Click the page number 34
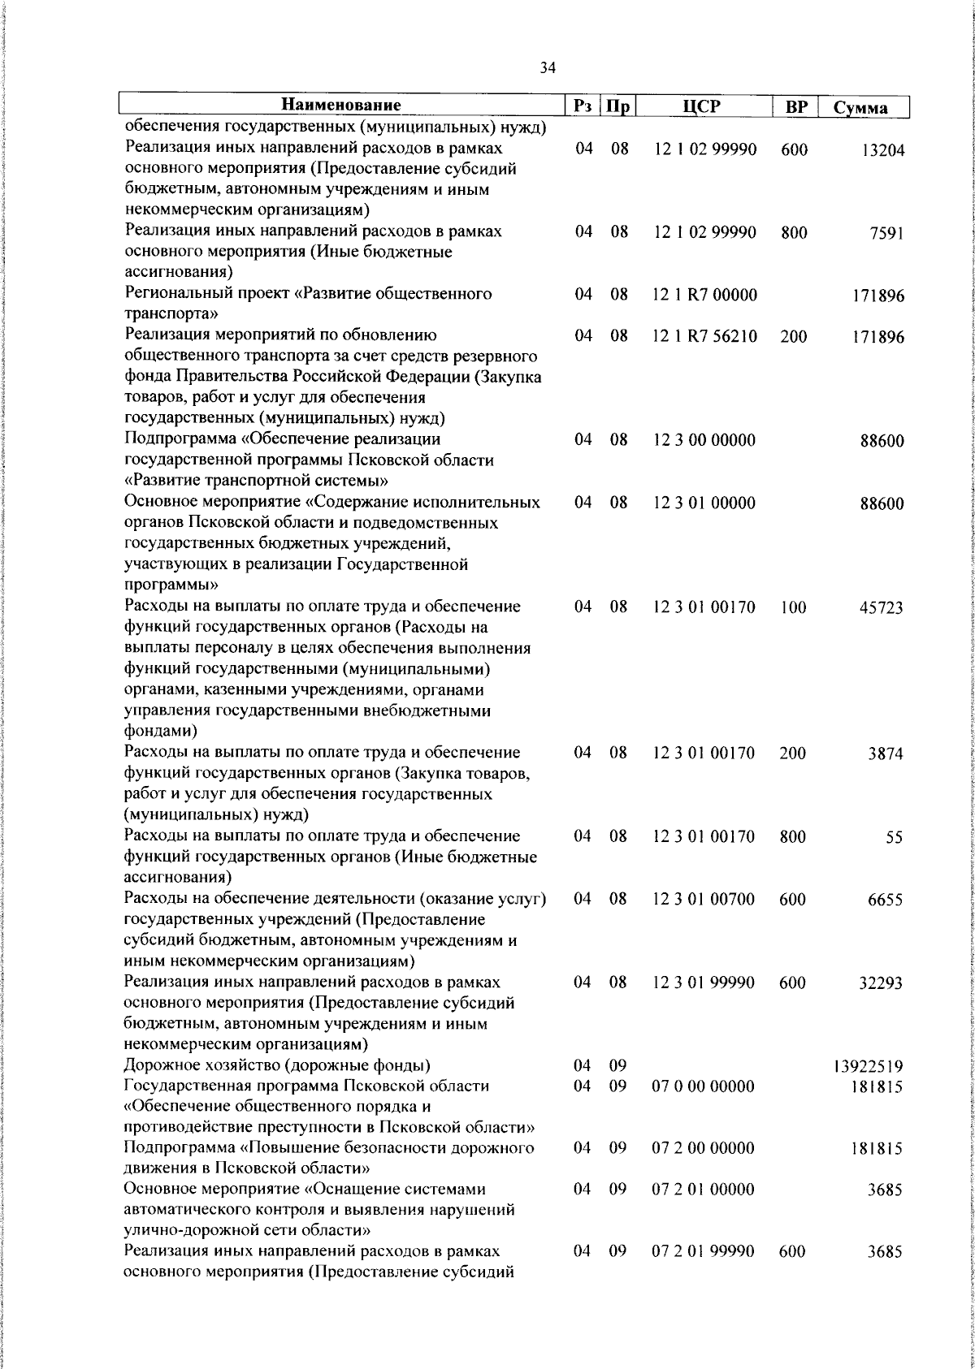[x=548, y=69]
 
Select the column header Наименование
[x=341, y=106]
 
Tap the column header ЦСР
[x=702, y=106]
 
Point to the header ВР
[x=795, y=106]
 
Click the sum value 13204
[x=882, y=151]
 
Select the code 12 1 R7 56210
[x=704, y=336]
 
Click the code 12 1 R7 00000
[x=704, y=295]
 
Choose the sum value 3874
[x=886, y=754]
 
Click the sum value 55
[x=894, y=838]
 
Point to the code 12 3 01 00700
[x=704, y=899]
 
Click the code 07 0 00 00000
[x=704, y=1086]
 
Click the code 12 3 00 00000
[x=704, y=440]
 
